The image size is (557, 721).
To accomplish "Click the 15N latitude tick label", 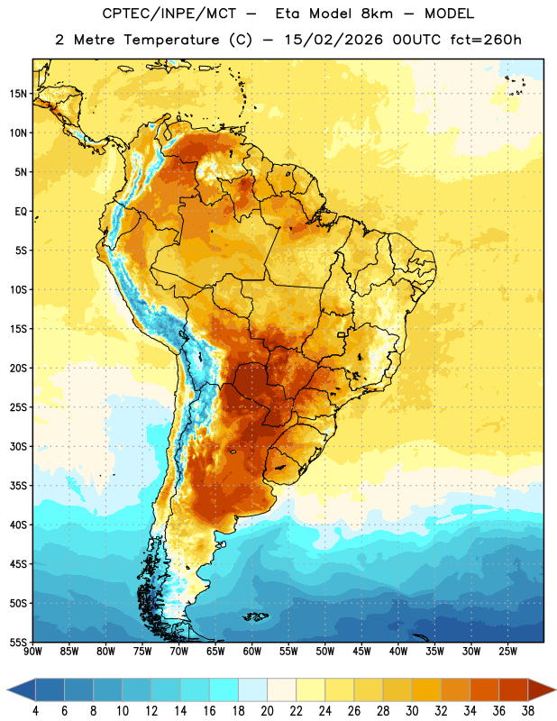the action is pyautogui.click(x=18, y=94).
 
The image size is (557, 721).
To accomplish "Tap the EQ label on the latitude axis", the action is pyautogui.click(x=21, y=212).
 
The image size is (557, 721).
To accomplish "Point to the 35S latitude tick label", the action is pyautogui.click(x=18, y=486).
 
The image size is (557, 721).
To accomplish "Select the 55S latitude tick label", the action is pyautogui.click(x=18, y=643).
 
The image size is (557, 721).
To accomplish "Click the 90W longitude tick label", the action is pyautogui.click(x=32, y=652).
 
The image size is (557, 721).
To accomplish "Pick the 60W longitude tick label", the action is pyautogui.click(x=252, y=652).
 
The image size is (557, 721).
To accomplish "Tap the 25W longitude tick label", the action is pyautogui.click(x=507, y=652).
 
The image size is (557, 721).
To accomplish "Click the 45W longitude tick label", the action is pyautogui.click(x=361, y=652).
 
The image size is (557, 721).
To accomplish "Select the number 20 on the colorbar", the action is pyautogui.click(x=267, y=711).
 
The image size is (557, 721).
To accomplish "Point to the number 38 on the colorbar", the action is pyautogui.click(x=528, y=711).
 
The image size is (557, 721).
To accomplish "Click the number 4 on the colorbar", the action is pyautogui.click(x=35, y=711).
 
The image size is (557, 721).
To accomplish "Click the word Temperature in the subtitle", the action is pyautogui.click(x=171, y=40).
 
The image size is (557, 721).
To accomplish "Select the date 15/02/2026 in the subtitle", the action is pyautogui.click(x=333, y=40).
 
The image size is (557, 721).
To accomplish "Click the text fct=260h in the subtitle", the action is pyautogui.click(x=486, y=40).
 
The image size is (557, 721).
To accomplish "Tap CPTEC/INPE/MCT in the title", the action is pyautogui.click(x=169, y=14).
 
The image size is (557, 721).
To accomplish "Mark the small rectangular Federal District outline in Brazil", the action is pyautogui.click(x=342, y=334).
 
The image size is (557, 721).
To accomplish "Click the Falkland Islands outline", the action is pyautogui.click(x=255, y=616).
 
